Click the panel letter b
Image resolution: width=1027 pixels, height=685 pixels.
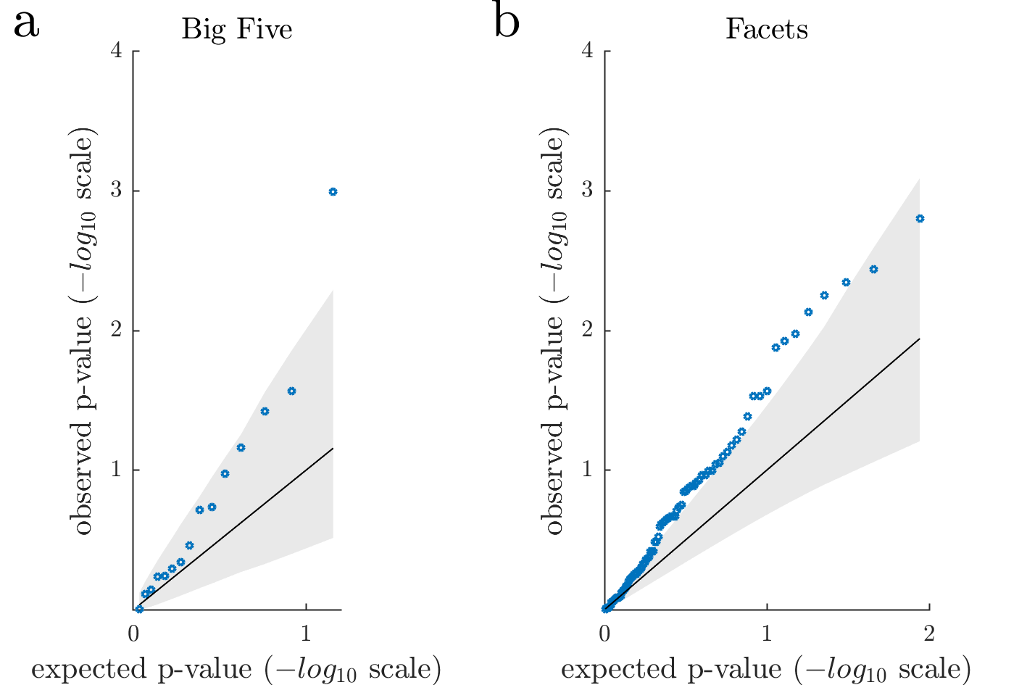point(507,22)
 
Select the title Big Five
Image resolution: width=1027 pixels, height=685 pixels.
point(237,29)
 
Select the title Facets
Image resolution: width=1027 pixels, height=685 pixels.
point(766,29)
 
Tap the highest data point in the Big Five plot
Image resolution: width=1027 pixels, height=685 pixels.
point(333,192)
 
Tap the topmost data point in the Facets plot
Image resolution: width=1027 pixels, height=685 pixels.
point(920,219)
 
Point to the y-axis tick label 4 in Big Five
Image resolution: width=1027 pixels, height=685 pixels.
point(115,51)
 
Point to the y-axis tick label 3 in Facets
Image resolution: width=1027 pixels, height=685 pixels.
point(587,191)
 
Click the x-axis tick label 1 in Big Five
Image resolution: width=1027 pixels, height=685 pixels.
point(306,633)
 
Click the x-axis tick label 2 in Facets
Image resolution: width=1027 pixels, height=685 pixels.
point(929,633)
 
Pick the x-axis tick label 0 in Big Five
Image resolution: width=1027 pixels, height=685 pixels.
point(134,633)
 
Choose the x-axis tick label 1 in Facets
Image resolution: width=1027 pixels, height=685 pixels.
point(767,633)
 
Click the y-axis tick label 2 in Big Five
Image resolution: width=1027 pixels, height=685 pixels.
point(115,331)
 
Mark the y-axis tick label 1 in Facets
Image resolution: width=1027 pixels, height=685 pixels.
point(587,470)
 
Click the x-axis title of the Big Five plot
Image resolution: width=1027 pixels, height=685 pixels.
point(236,669)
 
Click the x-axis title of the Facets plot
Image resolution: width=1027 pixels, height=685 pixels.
point(766,669)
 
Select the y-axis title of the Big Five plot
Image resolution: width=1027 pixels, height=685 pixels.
point(83,333)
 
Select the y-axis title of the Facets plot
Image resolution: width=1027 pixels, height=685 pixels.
point(554,333)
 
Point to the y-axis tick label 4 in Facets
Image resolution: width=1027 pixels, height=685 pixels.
point(587,51)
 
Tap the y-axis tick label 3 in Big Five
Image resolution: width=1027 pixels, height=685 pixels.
point(115,191)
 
